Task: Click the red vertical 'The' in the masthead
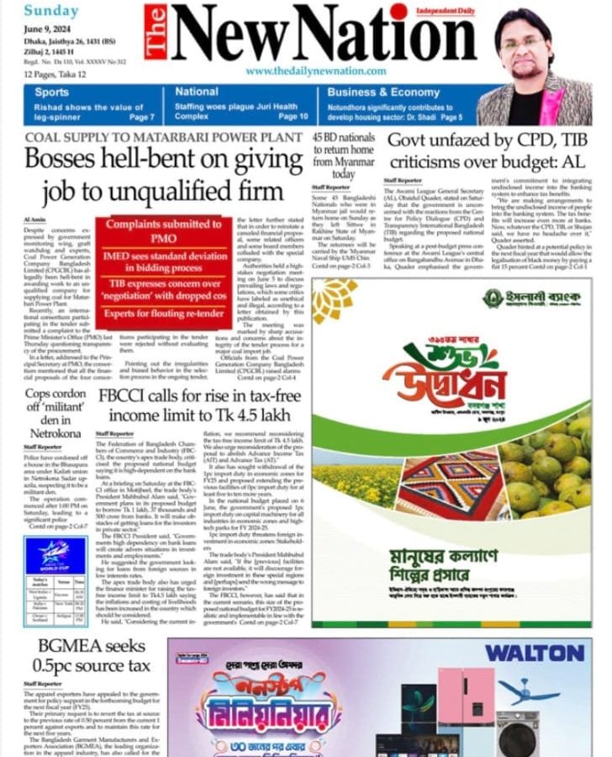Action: [x=156, y=33]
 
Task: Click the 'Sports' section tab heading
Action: [x=52, y=93]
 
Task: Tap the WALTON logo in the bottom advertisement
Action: [x=534, y=653]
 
